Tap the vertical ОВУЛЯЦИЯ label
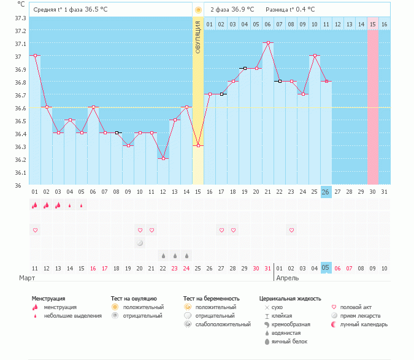click(198, 37)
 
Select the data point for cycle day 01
click(35, 56)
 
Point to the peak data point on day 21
click(268, 43)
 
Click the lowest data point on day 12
click(163, 159)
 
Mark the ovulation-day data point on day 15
click(198, 146)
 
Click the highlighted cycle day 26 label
click(326, 192)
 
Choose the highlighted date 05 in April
click(326, 268)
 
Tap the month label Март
click(26, 278)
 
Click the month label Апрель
click(288, 278)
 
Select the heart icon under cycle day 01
click(35, 230)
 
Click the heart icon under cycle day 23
click(291, 230)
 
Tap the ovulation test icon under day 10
click(140, 243)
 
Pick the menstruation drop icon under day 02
click(47, 205)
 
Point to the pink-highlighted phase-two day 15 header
click(373, 24)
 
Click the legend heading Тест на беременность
click(211, 299)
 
